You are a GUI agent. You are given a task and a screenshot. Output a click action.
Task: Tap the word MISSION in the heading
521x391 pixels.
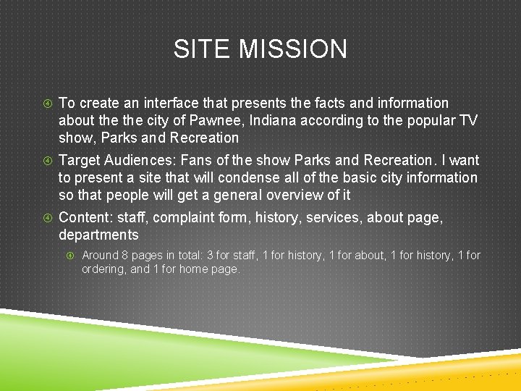pos(293,49)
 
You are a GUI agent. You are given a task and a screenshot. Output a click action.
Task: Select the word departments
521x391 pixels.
pos(98,235)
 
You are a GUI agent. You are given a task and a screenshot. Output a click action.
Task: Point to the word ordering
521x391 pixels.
pos(104,269)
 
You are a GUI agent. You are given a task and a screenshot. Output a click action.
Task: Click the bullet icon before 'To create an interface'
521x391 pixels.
pos(46,104)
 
